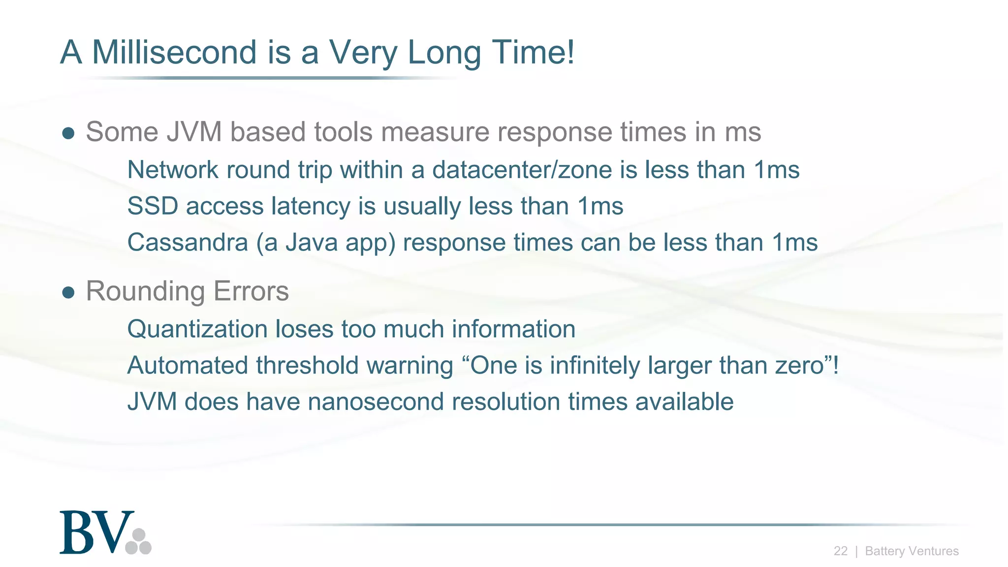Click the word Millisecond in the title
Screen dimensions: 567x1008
pyautogui.click(x=174, y=52)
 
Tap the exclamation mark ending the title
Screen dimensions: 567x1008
pyautogui.click(x=570, y=52)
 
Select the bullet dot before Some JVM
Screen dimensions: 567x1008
pyautogui.click(x=68, y=133)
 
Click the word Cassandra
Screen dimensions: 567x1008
pyautogui.click(x=188, y=242)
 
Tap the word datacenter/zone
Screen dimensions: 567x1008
pyautogui.click(x=522, y=170)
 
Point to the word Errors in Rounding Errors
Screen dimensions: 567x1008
pyautogui.click(x=251, y=291)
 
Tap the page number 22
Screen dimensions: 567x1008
pyautogui.click(x=840, y=551)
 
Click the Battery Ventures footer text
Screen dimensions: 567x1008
pyautogui.click(x=912, y=551)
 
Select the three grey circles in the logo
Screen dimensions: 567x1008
pyautogui.click(x=138, y=542)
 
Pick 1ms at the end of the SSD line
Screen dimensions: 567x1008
pyautogui.click(x=600, y=206)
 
